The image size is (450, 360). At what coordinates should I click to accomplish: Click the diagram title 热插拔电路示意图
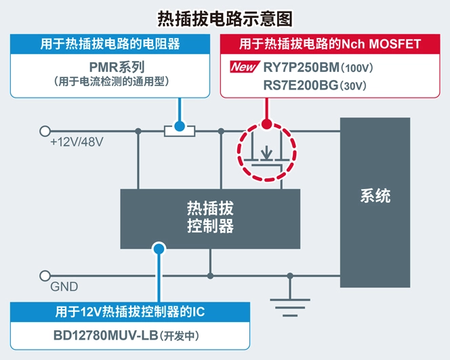(224, 16)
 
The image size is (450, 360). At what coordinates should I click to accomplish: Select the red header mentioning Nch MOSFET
(330, 45)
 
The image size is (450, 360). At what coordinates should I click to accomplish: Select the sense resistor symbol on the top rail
(180, 130)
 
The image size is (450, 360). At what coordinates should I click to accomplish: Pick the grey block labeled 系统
(375, 197)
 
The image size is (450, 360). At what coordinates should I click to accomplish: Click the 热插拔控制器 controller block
(210, 216)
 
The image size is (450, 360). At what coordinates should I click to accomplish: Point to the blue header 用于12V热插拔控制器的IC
(129, 312)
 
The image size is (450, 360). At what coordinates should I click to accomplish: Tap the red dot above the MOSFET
(267, 124)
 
